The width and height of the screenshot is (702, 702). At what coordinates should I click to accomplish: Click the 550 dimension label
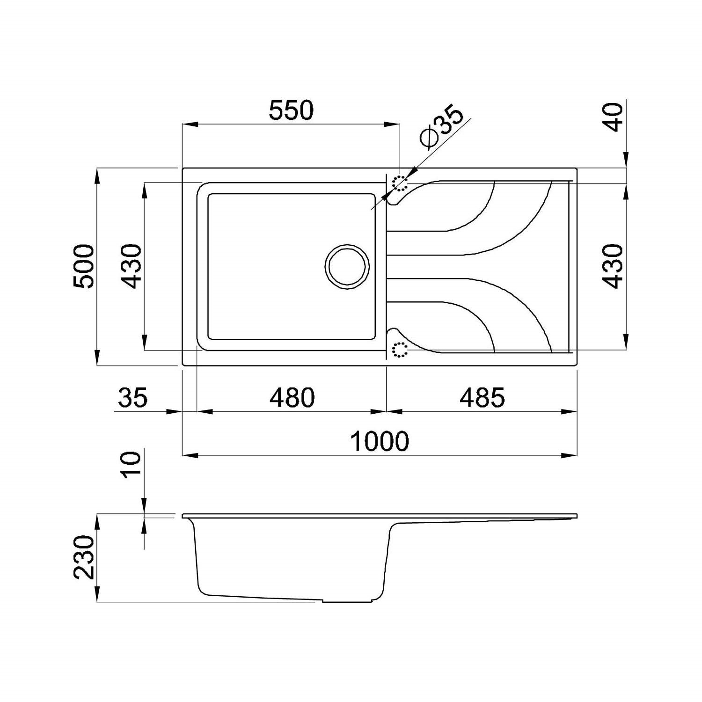point(291,110)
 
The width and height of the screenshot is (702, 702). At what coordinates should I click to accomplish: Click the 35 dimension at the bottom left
point(132,397)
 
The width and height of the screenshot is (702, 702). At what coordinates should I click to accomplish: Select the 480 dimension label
point(292,397)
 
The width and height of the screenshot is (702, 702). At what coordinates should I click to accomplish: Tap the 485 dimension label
point(482,397)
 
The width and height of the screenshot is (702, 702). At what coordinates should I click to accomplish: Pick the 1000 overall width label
point(380,441)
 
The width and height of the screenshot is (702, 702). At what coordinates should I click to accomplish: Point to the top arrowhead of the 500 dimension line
point(97,175)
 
